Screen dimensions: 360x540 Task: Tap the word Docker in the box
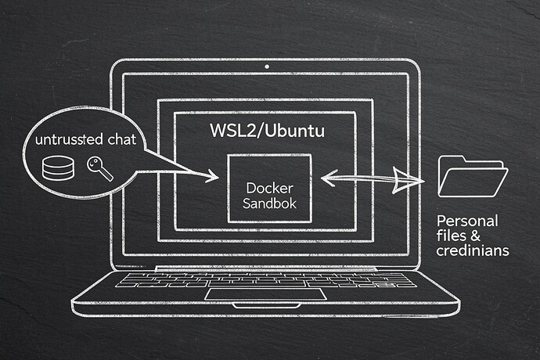[x=268, y=189]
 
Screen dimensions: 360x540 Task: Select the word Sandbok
[x=268, y=206]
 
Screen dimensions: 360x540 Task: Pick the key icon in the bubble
[x=99, y=169]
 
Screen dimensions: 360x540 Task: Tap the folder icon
[x=472, y=175]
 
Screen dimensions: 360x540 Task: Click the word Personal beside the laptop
[x=466, y=221]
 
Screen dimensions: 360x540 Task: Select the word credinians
[x=474, y=250]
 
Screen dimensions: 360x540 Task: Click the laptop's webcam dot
[x=266, y=67]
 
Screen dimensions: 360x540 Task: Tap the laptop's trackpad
[x=265, y=293]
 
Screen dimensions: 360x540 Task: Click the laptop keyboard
[x=266, y=279]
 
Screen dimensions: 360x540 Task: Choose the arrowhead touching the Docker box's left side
[x=213, y=179]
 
